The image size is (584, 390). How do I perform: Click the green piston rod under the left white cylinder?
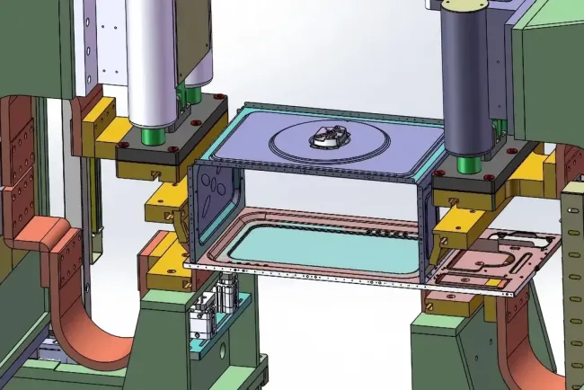pyautogui.click(x=152, y=137)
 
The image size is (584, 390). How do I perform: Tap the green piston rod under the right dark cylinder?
pyautogui.click(x=465, y=164)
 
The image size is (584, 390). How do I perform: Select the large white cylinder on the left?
pyautogui.click(x=164, y=63)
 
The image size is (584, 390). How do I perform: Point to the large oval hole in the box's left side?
pyautogui.click(x=217, y=190)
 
